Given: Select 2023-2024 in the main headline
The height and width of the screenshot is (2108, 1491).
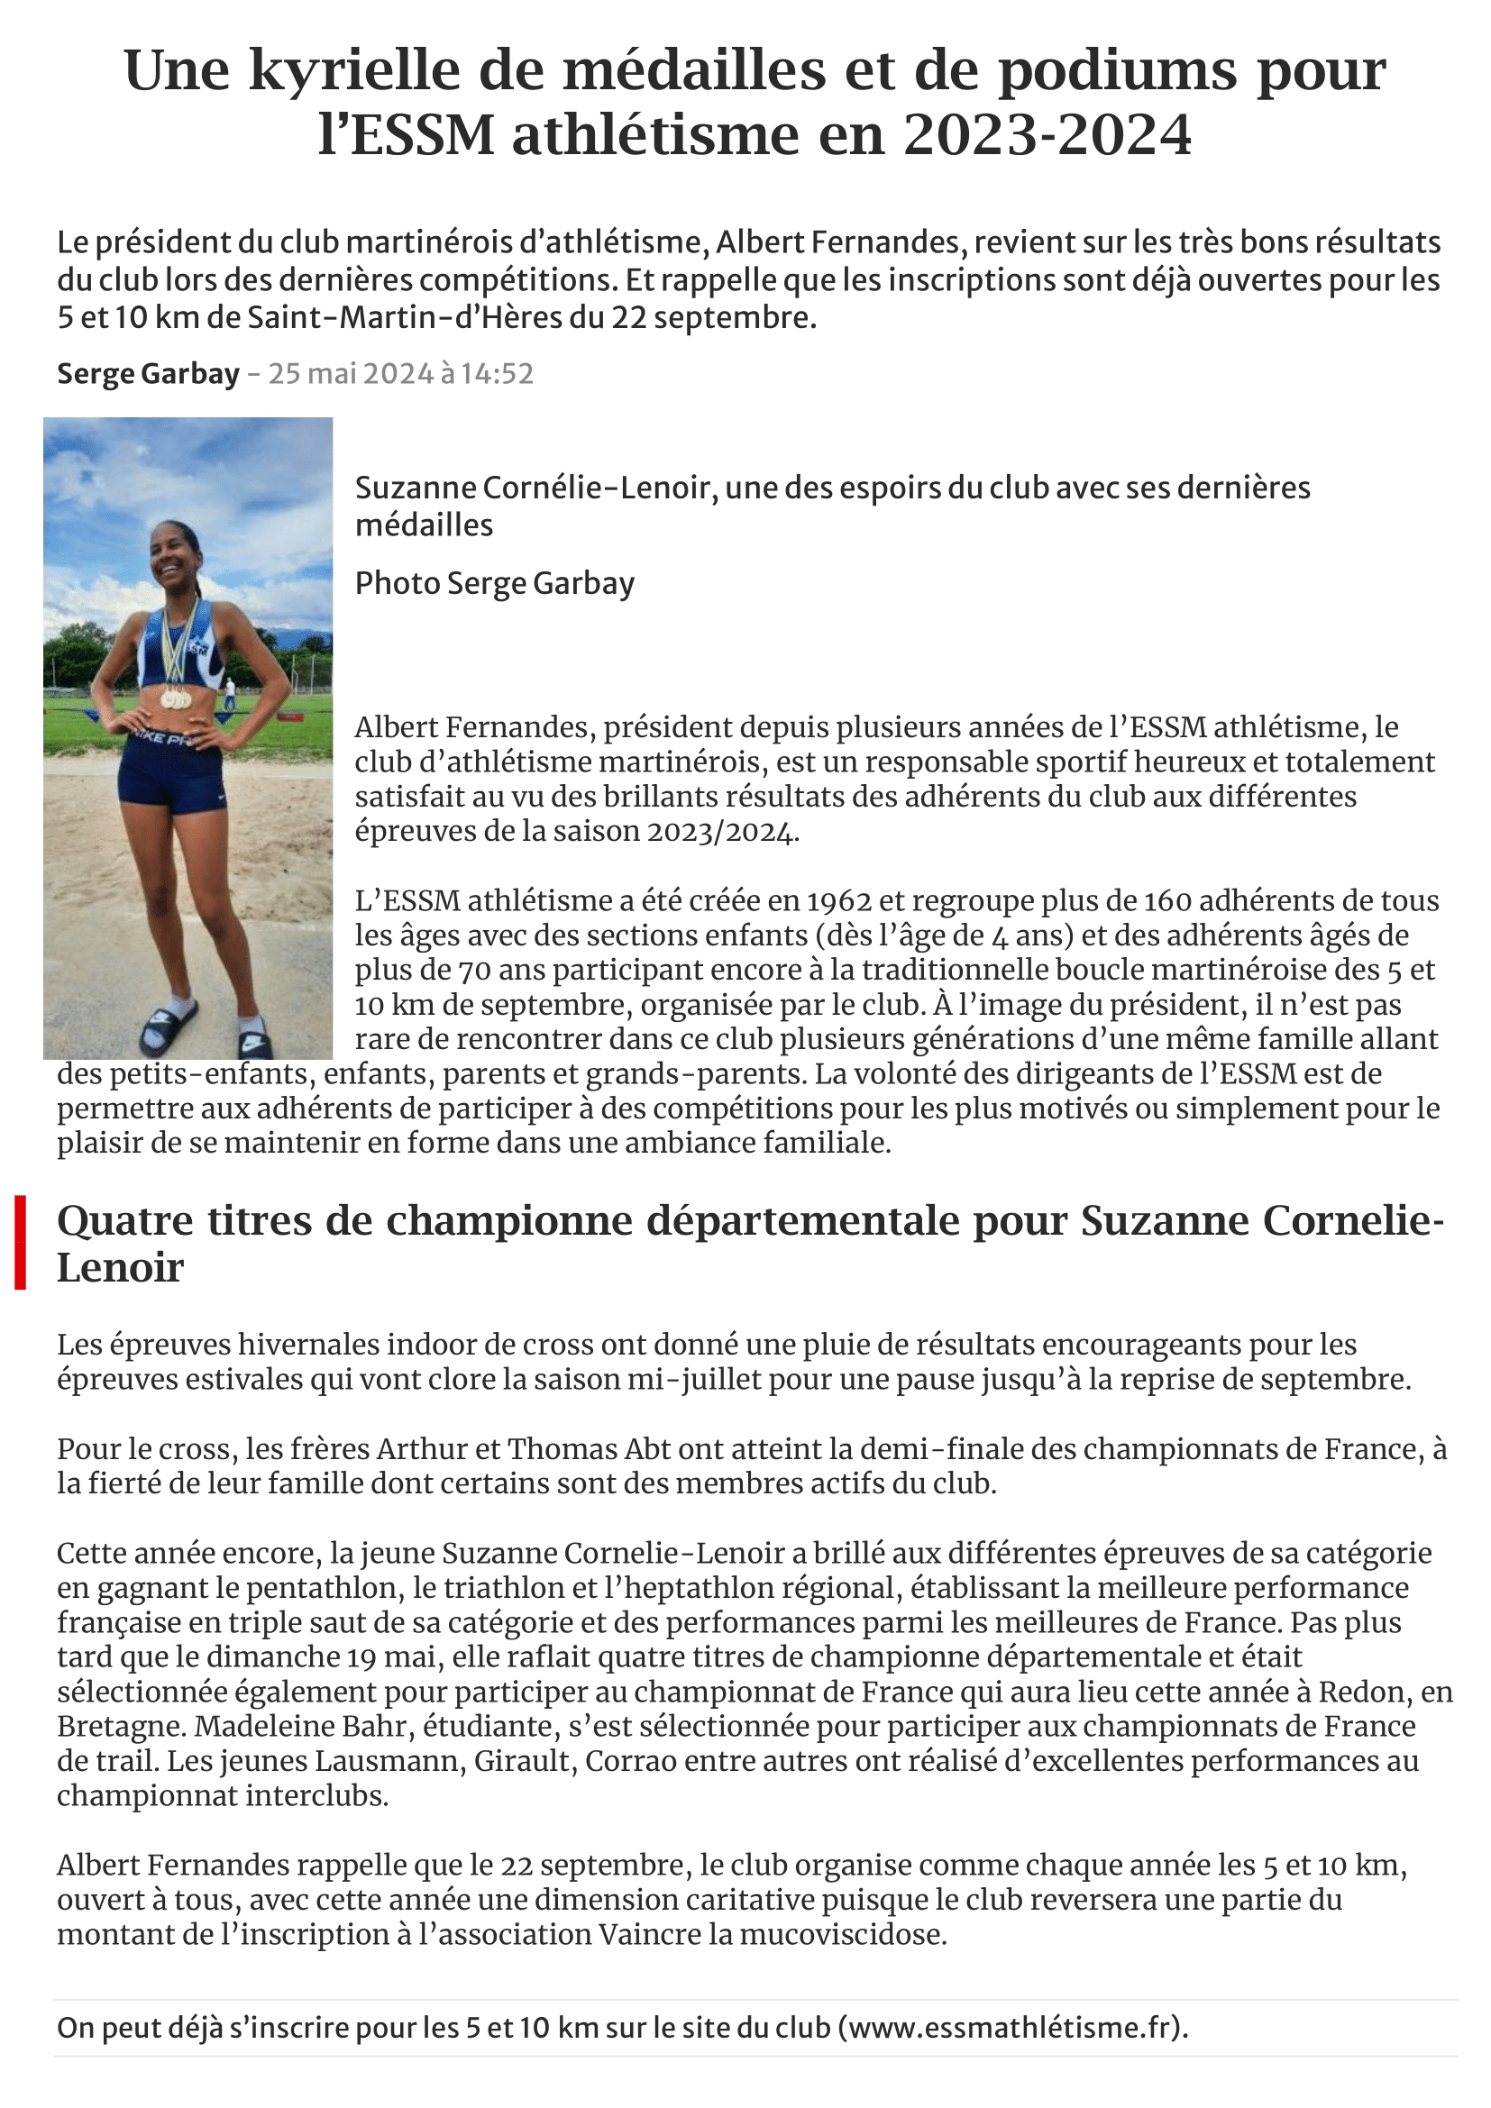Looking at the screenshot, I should point(1047,135).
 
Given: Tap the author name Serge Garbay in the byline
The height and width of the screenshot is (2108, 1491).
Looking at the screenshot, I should point(148,374).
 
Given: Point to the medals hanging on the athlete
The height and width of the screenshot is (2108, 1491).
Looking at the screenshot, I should point(176,698).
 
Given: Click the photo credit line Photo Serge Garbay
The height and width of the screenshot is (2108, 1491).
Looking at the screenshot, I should point(494,583).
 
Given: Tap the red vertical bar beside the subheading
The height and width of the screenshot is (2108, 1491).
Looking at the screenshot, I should point(20,1243).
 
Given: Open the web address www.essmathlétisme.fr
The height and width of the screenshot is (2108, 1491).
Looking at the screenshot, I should point(1012,2027).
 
